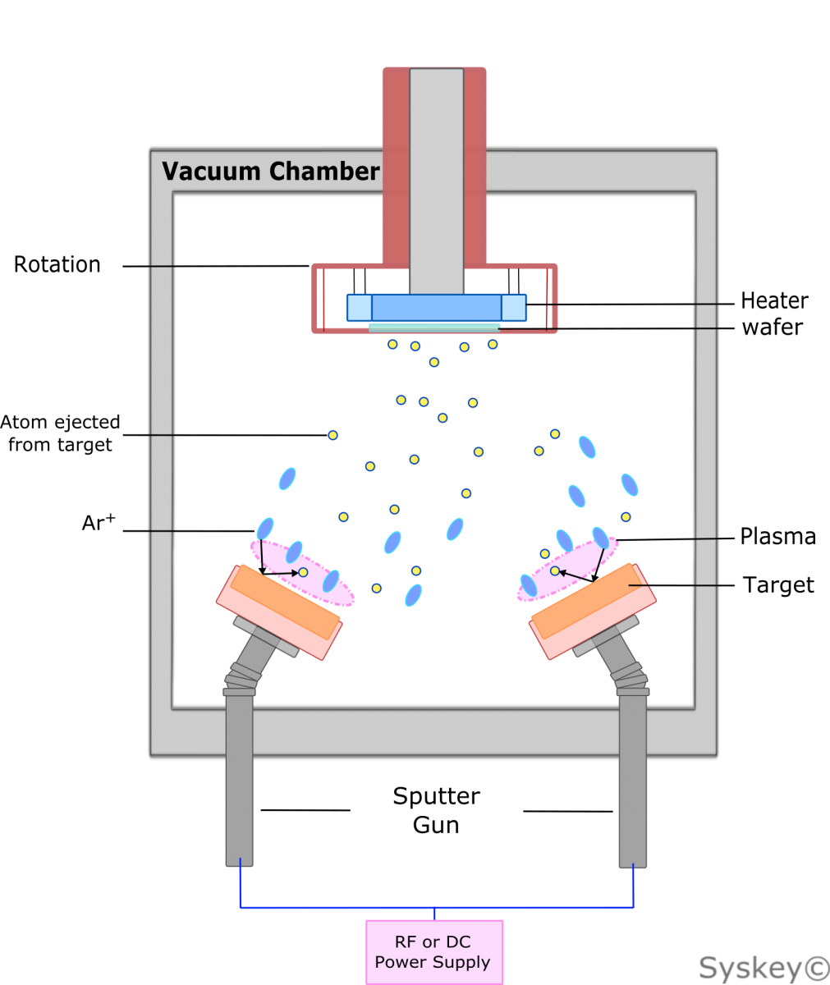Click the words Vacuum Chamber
[x=270, y=172]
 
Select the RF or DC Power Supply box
[x=433, y=951]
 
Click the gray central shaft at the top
[x=436, y=181]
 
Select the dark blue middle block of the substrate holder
[x=436, y=308]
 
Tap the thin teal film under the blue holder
[x=434, y=327]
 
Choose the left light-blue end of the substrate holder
[x=359, y=308]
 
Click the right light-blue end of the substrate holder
[x=513, y=308]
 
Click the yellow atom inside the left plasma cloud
[x=303, y=572]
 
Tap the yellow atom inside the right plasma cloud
[x=555, y=570]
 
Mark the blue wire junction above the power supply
[x=433, y=908]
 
